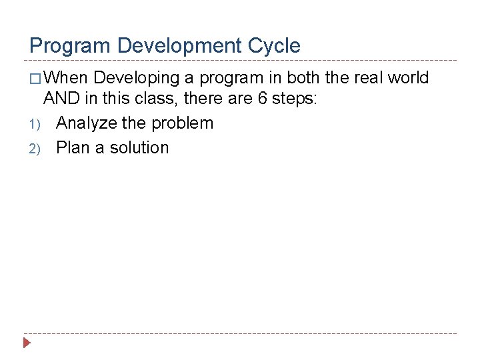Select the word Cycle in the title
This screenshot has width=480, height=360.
[x=276, y=46]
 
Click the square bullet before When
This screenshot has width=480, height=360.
[x=35, y=79]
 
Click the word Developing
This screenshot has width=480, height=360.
[x=137, y=78]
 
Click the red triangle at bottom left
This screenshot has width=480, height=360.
[x=27, y=344]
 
